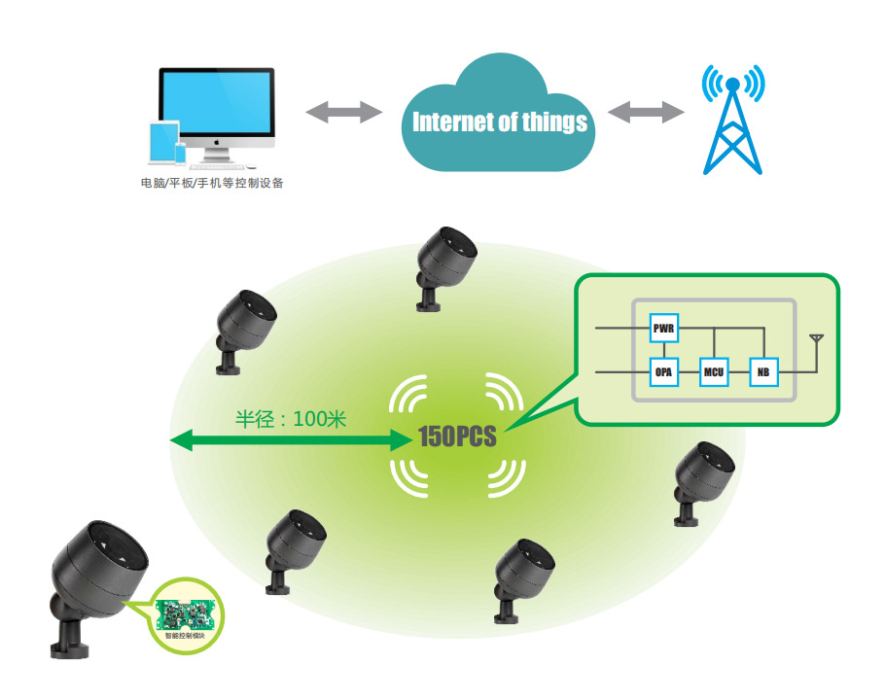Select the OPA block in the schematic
(664, 371)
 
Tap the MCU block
(715, 371)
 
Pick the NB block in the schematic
(762, 371)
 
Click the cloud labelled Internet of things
(499, 120)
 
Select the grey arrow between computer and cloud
(344, 112)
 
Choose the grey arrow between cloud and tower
(647, 112)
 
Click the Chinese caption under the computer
(212, 183)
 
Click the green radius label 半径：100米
(291, 420)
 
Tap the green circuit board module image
(189, 610)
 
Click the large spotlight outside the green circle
(97, 574)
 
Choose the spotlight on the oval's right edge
(699, 476)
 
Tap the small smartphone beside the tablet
(180, 154)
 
